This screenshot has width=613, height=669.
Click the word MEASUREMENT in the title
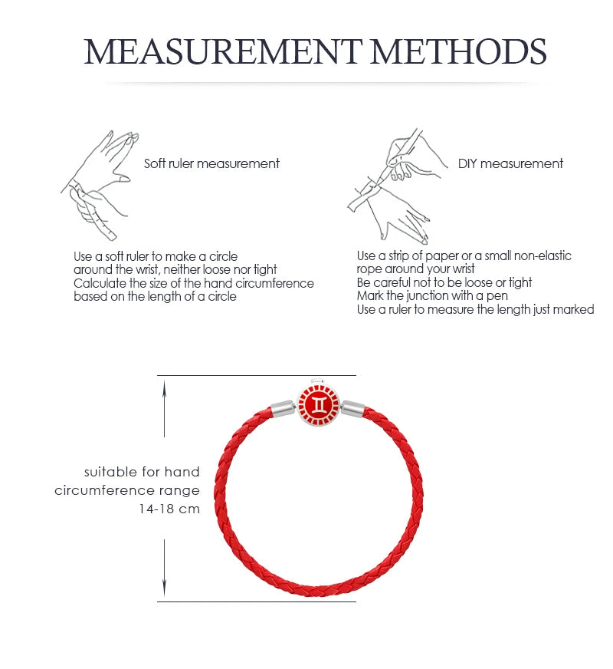pos(223,51)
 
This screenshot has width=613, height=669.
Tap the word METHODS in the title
pos(459,51)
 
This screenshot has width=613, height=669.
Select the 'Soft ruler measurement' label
pos(211,163)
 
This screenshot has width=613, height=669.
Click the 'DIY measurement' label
pos(510,163)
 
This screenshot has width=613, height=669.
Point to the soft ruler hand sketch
pos(100,186)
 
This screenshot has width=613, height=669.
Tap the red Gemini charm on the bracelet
pos(319,404)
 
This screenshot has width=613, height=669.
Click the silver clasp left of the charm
pos(284,408)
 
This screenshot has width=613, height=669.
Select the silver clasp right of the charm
pos(352,408)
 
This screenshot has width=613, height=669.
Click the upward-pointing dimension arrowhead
pos(165,389)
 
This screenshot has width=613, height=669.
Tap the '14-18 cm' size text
pos(169,509)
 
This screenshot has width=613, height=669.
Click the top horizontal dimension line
pos(257,375)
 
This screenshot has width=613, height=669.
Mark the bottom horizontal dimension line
pos(257,601)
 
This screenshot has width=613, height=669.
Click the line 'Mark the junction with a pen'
pos(432,295)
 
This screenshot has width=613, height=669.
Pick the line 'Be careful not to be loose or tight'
pos(444,282)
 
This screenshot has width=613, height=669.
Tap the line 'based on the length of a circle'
pos(155,297)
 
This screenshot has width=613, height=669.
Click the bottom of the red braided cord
pos(319,591)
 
